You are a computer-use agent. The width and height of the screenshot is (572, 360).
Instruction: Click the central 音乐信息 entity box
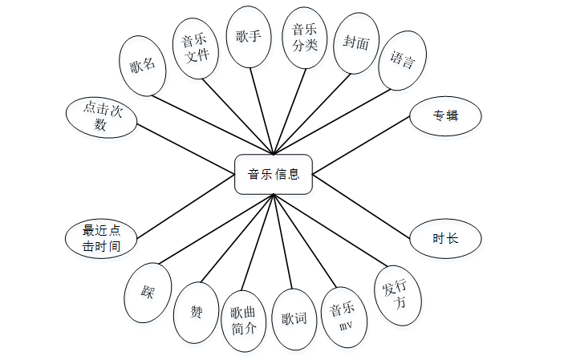[x=273, y=174]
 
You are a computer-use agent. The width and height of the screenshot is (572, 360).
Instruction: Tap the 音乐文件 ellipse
[x=197, y=49]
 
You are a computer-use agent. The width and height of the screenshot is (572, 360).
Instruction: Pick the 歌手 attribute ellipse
[x=249, y=37]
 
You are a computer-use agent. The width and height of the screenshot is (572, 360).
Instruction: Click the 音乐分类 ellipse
[x=306, y=38]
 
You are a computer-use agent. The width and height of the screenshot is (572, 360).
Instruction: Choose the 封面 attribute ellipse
[x=355, y=43]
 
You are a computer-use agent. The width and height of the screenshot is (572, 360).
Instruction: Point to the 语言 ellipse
[x=402, y=60]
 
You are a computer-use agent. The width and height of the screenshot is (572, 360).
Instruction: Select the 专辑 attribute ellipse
[x=445, y=116]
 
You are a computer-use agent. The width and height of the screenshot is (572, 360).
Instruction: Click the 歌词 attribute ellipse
[x=294, y=319]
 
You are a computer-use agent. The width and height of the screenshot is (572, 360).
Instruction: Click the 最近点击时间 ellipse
[x=101, y=238]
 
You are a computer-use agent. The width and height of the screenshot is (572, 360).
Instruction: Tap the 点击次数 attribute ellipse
[x=101, y=116]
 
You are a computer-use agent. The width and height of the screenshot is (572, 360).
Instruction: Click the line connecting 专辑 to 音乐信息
[x=360, y=145]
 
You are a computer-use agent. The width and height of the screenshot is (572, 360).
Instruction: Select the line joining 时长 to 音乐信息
[x=361, y=206]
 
